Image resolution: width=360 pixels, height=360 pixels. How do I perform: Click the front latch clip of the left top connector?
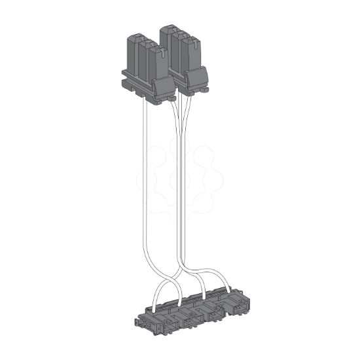click(160, 89)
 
